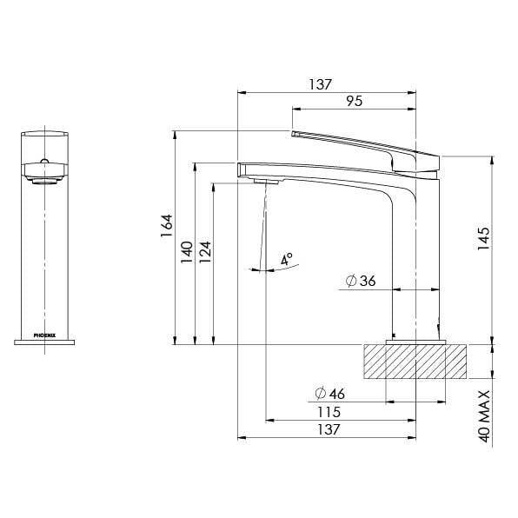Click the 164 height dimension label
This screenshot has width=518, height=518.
pyautogui.click(x=167, y=226)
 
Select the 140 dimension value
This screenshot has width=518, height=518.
pyautogui.click(x=187, y=252)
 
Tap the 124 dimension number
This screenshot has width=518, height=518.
pyautogui.click(x=205, y=252)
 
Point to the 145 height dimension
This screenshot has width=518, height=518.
pyautogui.click(x=483, y=238)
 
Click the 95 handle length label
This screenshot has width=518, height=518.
pyautogui.click(x=355, y=101)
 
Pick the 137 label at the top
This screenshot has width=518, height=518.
pyautogui.click(x=320, y=84)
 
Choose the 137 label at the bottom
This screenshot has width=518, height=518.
pyautogui.click(x=329, y=429)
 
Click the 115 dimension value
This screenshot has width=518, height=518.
pyautogui.click(x=329, y=412)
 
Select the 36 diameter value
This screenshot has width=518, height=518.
pyautogui.click(x=368, y=281)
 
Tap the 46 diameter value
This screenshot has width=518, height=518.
pyautogui.click(x=337, y=394)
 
